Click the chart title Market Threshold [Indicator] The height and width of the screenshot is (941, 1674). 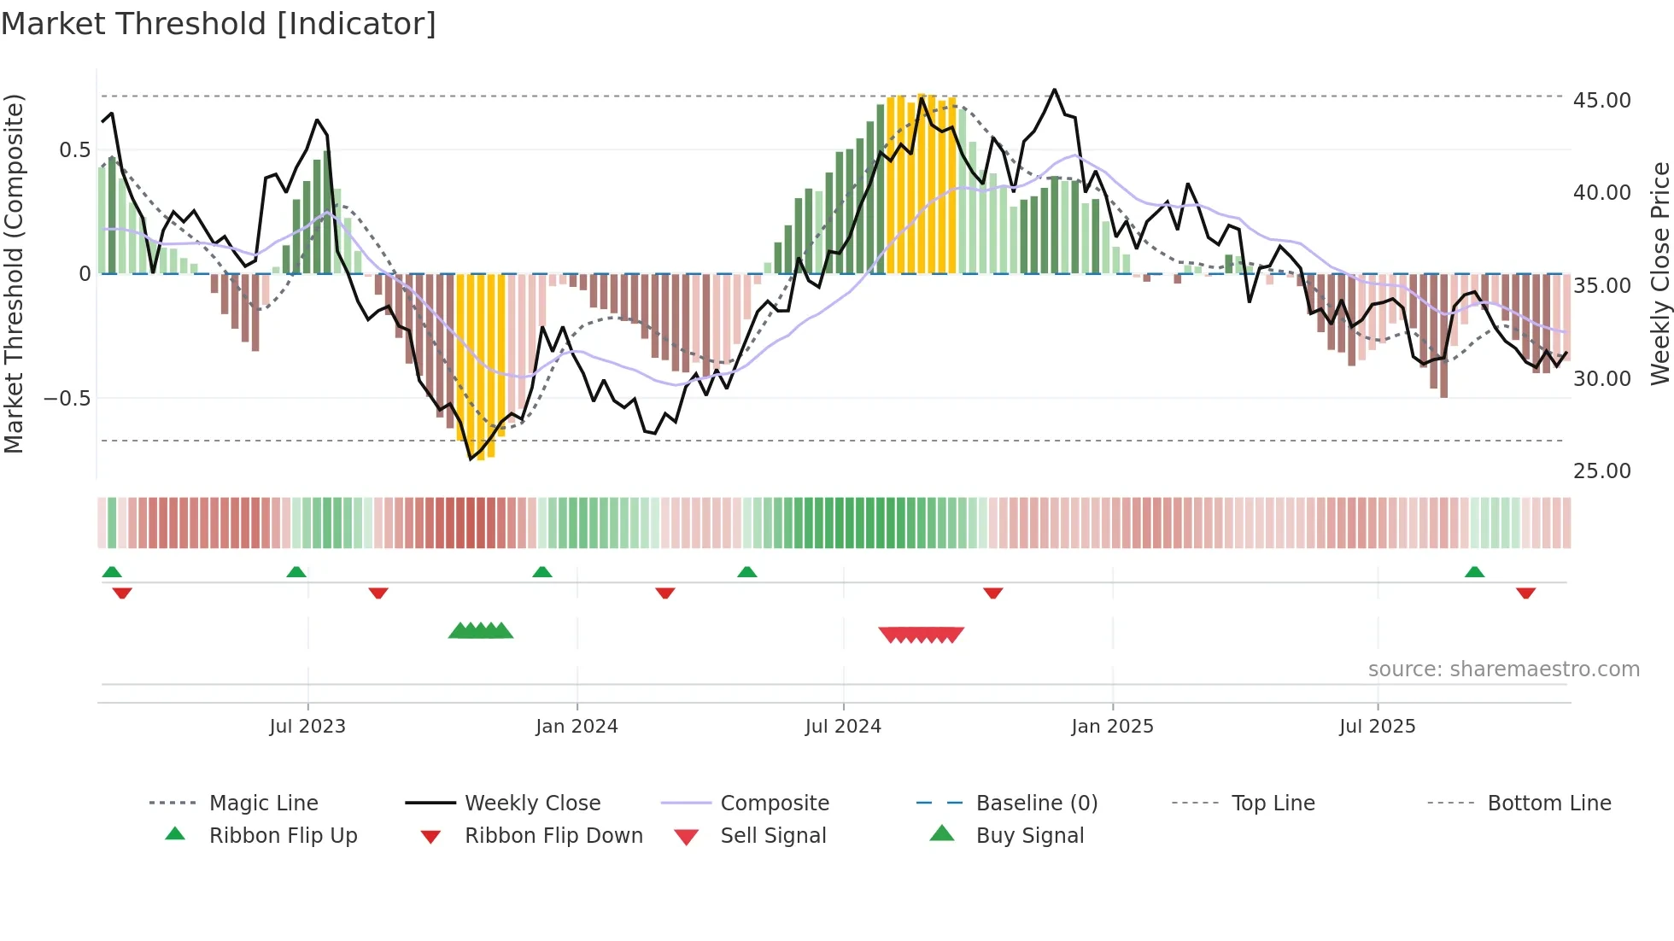[219, 24]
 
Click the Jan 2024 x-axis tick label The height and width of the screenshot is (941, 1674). [577, 727]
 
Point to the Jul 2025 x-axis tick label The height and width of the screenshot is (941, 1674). [1377, 727]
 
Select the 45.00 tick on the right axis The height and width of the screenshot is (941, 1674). [1601, 101]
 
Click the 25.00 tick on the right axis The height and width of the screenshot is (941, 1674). [1601, 471]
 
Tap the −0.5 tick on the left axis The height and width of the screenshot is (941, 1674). [67, 399]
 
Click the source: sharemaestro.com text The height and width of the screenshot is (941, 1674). [1503, 669]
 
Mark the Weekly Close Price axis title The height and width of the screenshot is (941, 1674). [1659, 273]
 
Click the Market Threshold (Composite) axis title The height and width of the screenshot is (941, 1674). [14, 273]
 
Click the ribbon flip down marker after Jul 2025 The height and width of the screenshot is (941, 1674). [1525, 593]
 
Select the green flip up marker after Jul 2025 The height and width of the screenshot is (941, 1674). [1474, 572]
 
